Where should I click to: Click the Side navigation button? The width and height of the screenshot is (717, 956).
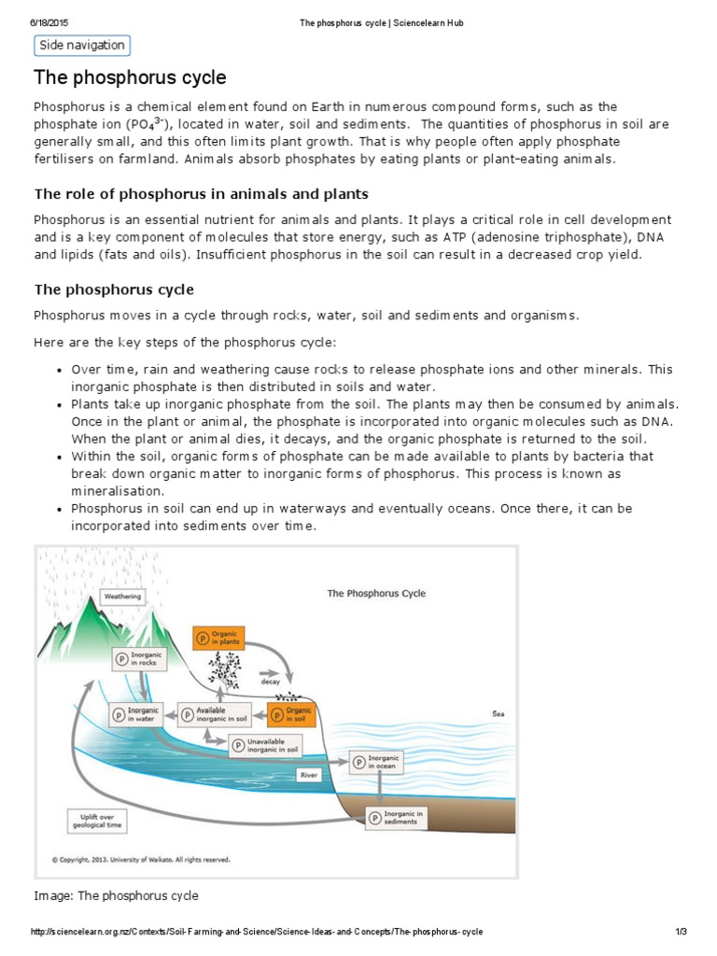tap(80, 46)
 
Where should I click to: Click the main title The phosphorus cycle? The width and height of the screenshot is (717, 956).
tap(130, 77)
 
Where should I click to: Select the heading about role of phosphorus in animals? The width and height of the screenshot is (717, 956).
tap(201, 194)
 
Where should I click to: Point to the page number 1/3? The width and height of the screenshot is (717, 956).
tap(681, 933)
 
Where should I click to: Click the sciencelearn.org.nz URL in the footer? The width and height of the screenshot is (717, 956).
tap(257, 933)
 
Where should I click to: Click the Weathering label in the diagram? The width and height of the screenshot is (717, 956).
tap(122, 596)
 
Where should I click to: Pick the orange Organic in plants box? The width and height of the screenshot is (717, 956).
tap(218, 639)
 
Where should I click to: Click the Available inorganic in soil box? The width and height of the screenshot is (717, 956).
tap(216, 714)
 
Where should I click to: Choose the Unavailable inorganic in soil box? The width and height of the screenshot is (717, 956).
tap(267, 745)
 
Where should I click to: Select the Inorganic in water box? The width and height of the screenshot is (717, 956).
tap(135, 714)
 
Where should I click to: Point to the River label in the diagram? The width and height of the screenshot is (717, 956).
tap(309, 774)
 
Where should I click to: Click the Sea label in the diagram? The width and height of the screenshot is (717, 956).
tap(498, 714)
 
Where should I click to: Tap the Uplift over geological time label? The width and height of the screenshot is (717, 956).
tap(98, 822)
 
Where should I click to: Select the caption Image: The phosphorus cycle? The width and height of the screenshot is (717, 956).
tap(117, 895)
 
